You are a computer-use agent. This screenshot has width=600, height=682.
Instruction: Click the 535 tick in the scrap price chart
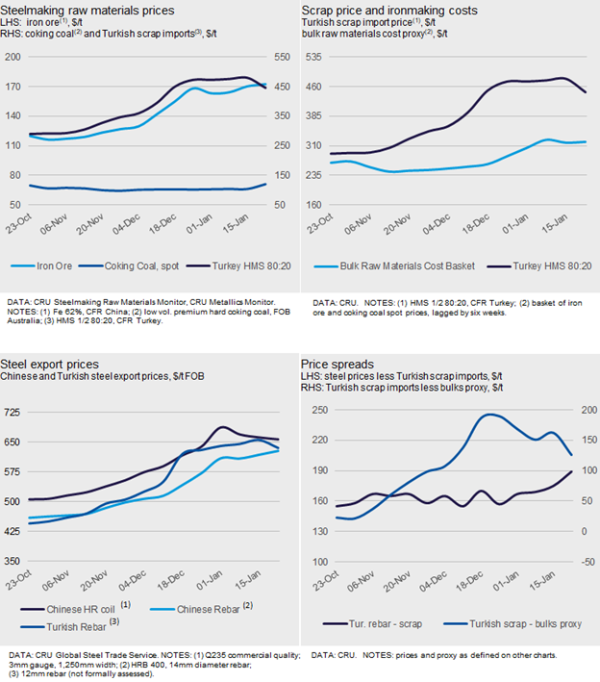coord(318,56)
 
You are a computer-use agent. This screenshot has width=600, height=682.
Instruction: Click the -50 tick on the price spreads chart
coord(585,562)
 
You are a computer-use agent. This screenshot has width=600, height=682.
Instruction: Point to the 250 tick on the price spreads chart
coord(316,410)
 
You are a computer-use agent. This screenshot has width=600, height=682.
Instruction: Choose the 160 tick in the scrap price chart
coord(318,205)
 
